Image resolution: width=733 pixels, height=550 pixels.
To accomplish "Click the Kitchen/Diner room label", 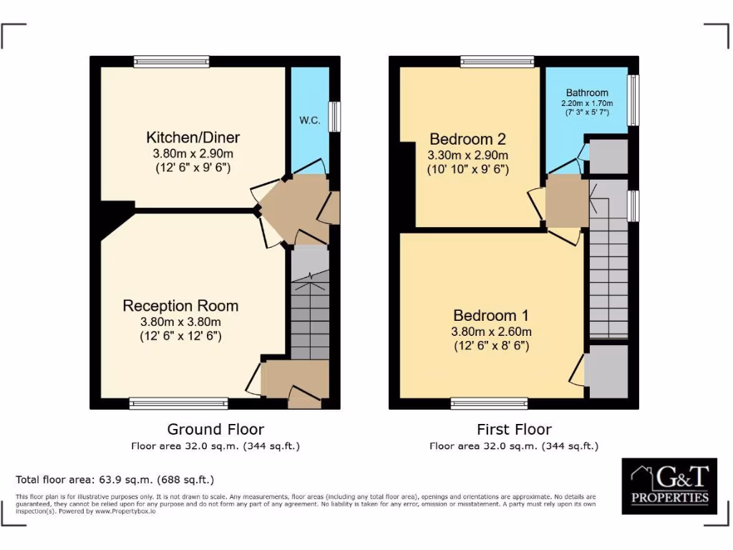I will [x=193, y=137].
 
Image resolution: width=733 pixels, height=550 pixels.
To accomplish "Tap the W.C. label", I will [x=309, y=121].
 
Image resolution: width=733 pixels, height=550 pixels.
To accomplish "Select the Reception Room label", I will [x=180, y=306].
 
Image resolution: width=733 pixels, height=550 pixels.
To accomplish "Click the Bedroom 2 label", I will [x=462, y=139].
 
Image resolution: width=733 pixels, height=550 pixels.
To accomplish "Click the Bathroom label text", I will [x=587, y=92].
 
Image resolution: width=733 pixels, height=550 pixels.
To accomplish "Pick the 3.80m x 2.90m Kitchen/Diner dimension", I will [x=193, y=154].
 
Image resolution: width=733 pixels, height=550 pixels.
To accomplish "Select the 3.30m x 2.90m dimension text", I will [x=467, y=155].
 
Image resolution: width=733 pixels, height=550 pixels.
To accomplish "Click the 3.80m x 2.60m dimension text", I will [x=492, y=332].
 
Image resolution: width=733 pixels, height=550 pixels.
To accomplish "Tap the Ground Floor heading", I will [x=215, y=430].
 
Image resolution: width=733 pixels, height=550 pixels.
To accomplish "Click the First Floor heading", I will [x=514, y=430].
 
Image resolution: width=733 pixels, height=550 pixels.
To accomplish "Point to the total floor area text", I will [x=115, y=479].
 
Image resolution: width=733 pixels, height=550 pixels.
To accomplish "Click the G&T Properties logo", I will [x=669, y=486].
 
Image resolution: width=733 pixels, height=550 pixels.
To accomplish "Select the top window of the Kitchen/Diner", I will [x=171, y=62].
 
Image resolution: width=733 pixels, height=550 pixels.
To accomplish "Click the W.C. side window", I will [x=334, y=116].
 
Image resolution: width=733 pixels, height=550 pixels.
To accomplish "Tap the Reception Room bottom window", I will [x=178, y=404].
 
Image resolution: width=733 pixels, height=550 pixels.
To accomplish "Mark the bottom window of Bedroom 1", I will [x=489, y=404].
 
